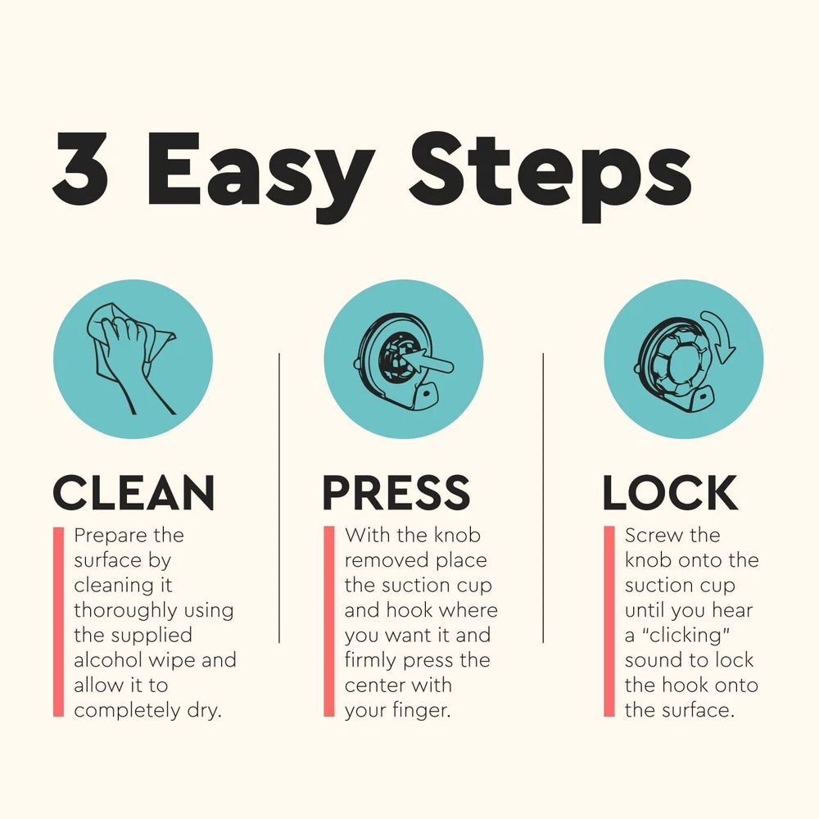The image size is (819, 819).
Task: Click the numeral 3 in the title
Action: click(x=80, y=168)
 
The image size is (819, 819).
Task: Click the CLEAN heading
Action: click(x=133, y=492)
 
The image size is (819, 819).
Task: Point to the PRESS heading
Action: click(x=396, y=492)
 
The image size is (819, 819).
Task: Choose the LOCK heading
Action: click(x=670, y=492)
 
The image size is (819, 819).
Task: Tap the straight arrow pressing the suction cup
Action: click(x=429, y=362)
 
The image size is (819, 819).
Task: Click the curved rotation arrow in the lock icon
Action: click(x=722, y=334)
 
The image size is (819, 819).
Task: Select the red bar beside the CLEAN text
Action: click(x=58, y=622)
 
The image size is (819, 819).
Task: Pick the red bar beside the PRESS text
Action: click(x=329, y=622)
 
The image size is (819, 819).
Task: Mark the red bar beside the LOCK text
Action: click(x=609, y=622)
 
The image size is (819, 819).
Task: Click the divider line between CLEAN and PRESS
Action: click(x=279, y=498)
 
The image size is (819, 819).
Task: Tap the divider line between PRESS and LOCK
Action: click(x=543, y=498)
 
